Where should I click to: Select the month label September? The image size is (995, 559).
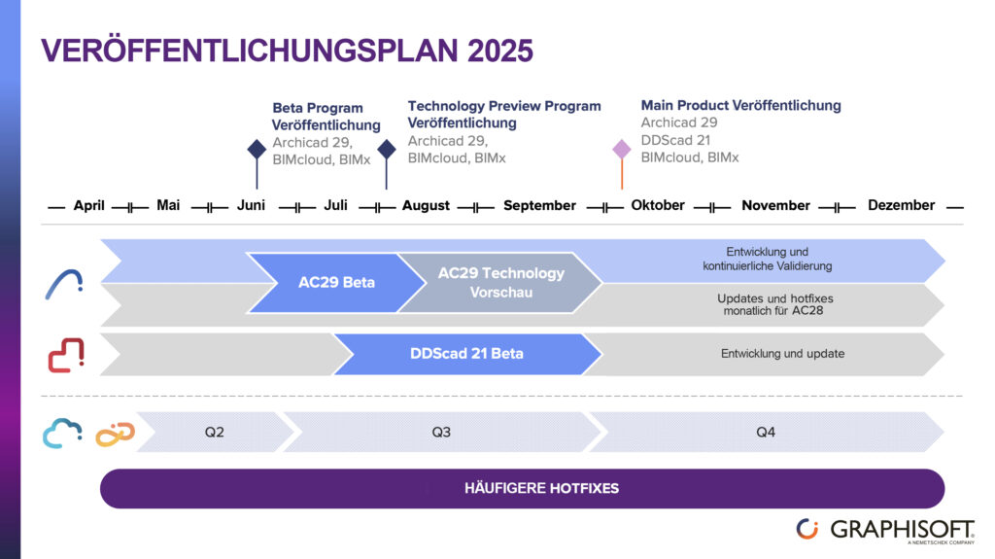(539, 205)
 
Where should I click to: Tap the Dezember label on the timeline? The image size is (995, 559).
(901, 205)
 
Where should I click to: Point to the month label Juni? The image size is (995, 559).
(252, 205)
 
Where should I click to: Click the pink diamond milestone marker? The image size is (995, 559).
(622, 150)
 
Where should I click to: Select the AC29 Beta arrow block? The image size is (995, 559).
(336, 283)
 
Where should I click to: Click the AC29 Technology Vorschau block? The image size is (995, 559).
(500, 283)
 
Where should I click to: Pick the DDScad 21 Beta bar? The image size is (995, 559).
(466, 354)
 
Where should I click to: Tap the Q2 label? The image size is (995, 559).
(215, 432)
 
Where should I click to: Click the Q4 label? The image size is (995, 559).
(766, 432)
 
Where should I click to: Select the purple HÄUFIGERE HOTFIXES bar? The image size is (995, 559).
(522, 488)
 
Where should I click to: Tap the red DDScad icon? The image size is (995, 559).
(66, 355)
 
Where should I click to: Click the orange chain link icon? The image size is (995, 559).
(114, 433)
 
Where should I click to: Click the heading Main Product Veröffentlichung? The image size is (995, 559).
(740, 105)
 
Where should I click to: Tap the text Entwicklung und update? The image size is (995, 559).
(782, 354)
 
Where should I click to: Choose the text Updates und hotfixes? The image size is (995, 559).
(774, 298)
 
